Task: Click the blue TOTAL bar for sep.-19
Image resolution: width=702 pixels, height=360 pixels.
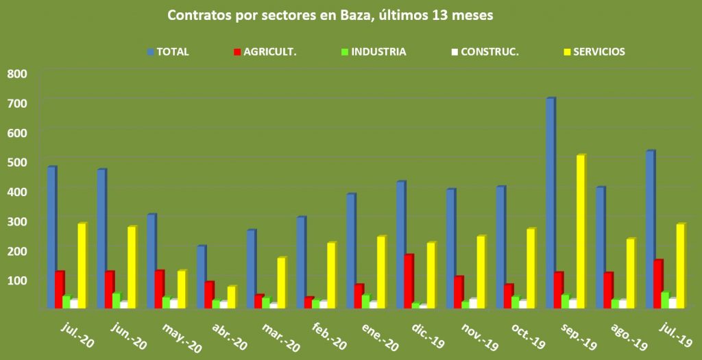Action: click(x=550, y=203)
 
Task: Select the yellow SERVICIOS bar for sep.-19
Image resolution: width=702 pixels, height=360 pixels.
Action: click(x=580, y=231)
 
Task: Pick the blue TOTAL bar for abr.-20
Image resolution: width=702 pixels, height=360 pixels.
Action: click(x=200, y=276)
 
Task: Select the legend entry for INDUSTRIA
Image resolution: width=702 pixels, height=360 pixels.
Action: click(x=374, y=51)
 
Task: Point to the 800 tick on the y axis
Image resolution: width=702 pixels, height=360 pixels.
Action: click(x=17, y=73)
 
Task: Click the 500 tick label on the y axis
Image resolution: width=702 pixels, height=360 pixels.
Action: click(x=17, y=162)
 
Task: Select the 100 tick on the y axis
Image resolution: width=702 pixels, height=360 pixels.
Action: click(x=17, y=280)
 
